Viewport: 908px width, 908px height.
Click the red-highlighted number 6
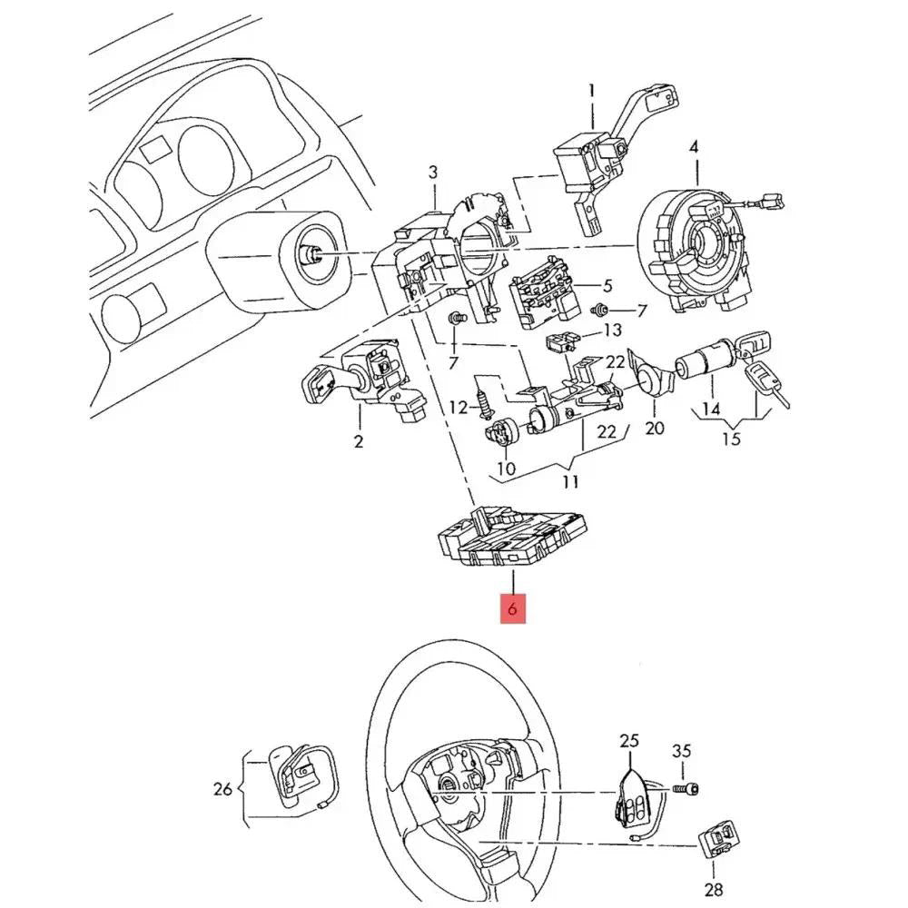tap(512, 609)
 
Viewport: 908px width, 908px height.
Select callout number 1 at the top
tap(591, 91)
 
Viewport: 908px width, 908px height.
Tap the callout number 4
tap(695, 147)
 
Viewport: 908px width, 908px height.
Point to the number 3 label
tap(433, 172)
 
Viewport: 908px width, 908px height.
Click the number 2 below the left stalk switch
tap(359, 442)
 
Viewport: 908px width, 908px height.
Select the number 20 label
tap(654, 429)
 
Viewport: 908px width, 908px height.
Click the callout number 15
tap(731, 439)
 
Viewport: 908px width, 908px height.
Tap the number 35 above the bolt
tap(681, 751)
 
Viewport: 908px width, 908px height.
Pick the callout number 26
tap(223, 789)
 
